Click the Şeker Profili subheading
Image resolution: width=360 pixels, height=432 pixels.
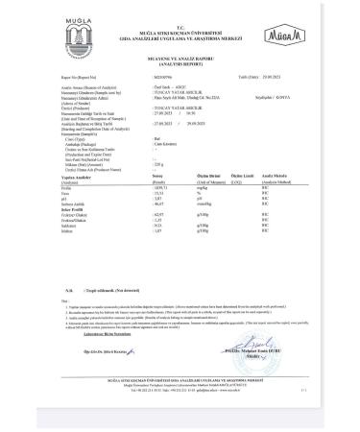pos(68,210)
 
